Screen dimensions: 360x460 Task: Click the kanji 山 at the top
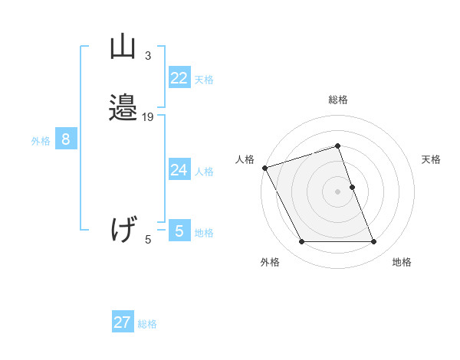[123, 47]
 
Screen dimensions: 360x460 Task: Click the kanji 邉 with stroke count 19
[123, 109]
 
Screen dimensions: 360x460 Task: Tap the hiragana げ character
[123, 230]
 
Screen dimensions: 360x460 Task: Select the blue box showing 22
[179, 78]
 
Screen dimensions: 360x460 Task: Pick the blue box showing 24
[179, 170]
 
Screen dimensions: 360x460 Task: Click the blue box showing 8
[66, 139]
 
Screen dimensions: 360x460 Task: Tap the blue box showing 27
[123, 322]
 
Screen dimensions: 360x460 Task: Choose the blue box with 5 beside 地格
[179, 231]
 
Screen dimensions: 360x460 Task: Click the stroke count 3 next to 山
[148, 56]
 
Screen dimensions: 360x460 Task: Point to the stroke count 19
[148, 117]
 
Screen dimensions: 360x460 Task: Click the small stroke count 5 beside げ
[148, 241]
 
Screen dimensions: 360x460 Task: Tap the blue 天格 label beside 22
[204, 80]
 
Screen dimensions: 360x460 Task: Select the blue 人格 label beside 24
[204, 172]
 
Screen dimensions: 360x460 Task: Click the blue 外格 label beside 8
[41, 141]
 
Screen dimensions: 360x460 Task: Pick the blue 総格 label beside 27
[147, 324]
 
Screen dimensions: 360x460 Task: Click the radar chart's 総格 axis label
[338, 100]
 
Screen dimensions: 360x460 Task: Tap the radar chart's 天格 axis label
[432, 159]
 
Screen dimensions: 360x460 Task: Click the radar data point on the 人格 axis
[264, 167]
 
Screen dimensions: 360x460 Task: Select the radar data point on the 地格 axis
[374, 242]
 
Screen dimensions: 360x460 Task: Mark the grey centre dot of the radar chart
[338, 191]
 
